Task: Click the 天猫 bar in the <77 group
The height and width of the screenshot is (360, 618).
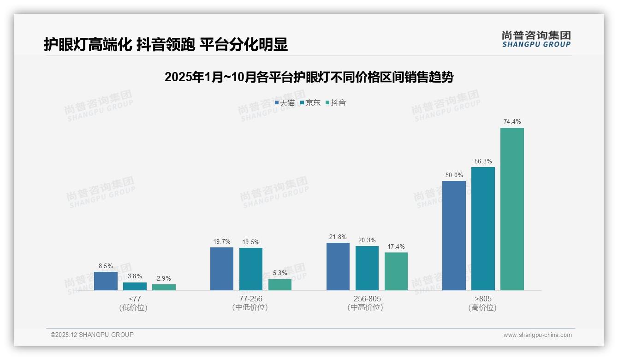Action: (x=106, y=281)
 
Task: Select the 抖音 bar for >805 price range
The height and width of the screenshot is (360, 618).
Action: (x=512, y=209)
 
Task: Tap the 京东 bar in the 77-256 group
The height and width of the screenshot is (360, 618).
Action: (x=251, y=269)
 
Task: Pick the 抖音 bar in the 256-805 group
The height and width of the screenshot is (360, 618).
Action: (x=396, y=271)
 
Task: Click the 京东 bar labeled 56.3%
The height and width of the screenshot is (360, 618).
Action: (x=483, y=228)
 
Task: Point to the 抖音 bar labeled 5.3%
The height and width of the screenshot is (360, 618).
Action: (x=280, y=285)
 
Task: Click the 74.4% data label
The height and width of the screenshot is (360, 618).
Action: (x=512, y=122)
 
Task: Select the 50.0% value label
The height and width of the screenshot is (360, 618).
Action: (x=454, y=175)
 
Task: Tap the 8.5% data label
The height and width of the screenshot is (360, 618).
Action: (x=106, y=266)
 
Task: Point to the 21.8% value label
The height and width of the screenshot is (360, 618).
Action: (x=338, y=237)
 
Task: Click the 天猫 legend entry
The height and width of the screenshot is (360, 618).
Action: (x=285, y=103)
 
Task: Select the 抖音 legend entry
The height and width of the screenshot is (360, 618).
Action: (x=336, y=103)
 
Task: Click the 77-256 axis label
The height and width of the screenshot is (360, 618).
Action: (x=251, y=299)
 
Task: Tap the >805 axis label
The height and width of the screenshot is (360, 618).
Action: (x=482, y=299)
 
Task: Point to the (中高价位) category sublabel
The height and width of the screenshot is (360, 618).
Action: (x=367, y=307)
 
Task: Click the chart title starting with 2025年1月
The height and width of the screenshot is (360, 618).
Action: (x=309, y=77)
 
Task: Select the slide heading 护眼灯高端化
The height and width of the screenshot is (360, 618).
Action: (x=166, y=44)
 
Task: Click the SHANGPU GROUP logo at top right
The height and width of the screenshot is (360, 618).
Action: (x=536, y=39)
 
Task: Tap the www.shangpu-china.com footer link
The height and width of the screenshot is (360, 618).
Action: (x=537, y=335)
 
